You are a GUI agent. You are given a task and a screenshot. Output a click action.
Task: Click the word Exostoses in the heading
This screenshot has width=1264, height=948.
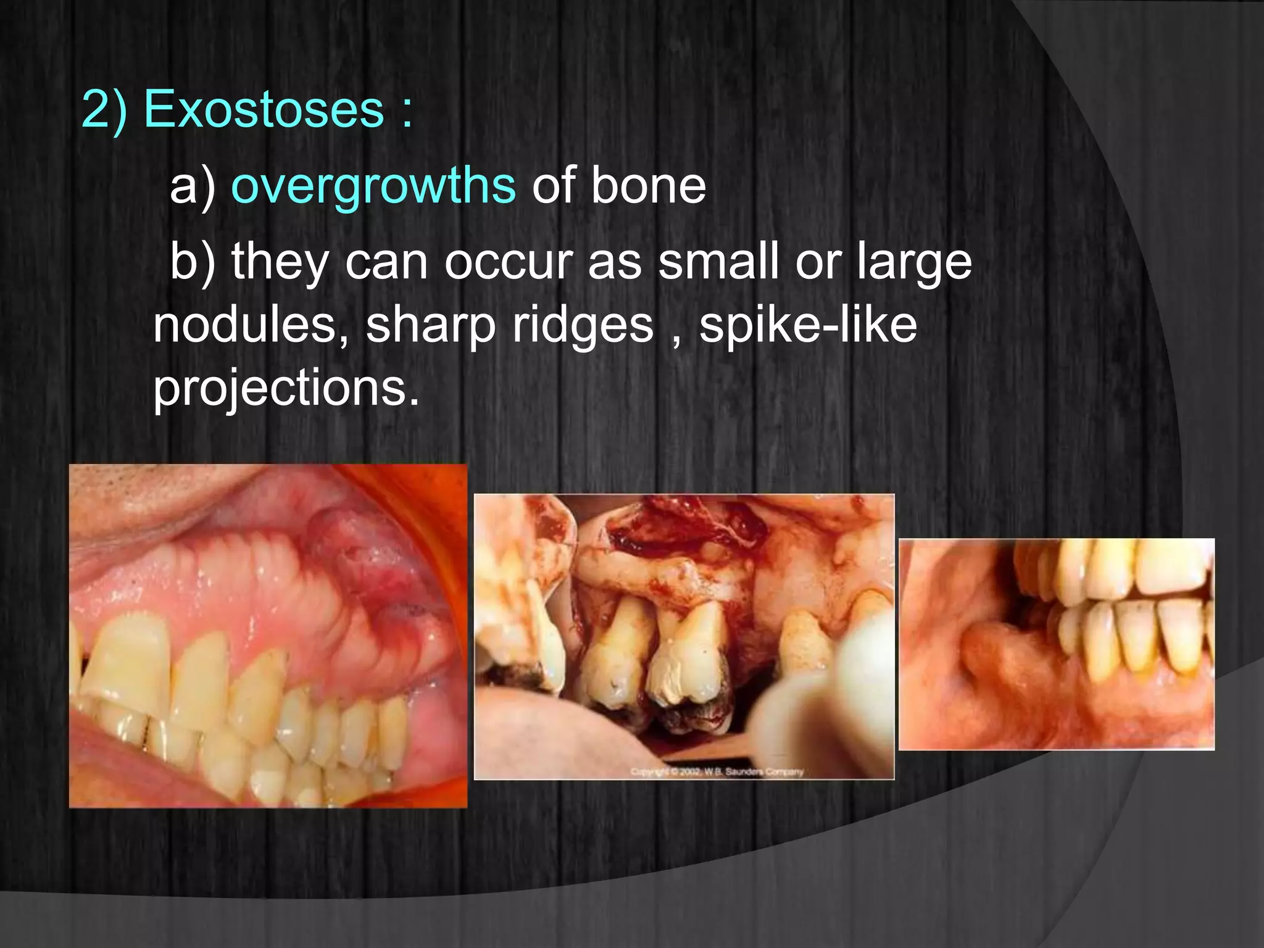[264, 109]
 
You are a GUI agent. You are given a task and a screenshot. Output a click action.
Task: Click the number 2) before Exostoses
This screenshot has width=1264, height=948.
[104, 109]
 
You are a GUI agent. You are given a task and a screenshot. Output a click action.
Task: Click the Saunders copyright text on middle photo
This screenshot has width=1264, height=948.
[716, 771]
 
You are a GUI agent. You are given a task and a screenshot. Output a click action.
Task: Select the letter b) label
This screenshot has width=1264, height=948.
[193, 262]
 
